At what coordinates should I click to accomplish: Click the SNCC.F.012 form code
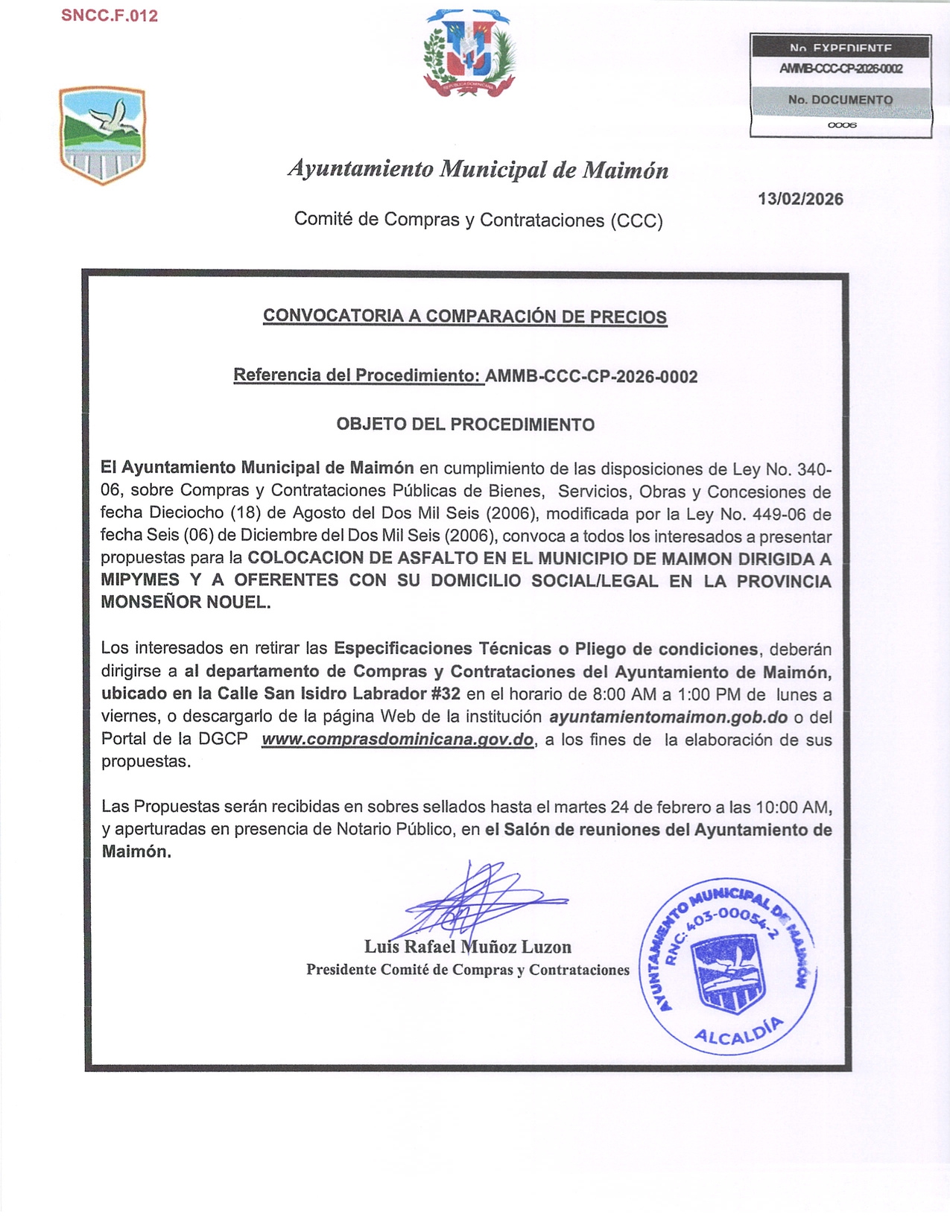coord(110,16)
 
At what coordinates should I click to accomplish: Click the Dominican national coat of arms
coord(469,54)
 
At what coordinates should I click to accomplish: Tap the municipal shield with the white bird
coord(102,136)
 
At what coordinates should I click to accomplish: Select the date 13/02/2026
coord(800,199)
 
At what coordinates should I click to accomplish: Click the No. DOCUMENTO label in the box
coord(840,100)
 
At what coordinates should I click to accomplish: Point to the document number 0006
coord(842,125)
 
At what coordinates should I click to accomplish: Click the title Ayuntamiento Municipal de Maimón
coord(478,170)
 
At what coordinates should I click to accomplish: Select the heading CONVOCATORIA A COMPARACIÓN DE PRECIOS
coord(464,316)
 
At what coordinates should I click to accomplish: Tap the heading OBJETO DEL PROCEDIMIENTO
coord(465,425)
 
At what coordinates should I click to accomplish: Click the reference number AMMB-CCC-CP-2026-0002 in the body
coord(591,376)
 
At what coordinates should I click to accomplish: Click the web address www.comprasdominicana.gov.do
coord(397,740)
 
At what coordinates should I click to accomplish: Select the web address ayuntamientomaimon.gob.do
coord(668,717)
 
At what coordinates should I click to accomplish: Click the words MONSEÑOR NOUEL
coord(186,602)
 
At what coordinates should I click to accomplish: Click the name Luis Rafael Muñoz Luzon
coord(467,947)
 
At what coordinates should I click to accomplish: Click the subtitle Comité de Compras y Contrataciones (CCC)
coord(478,220)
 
